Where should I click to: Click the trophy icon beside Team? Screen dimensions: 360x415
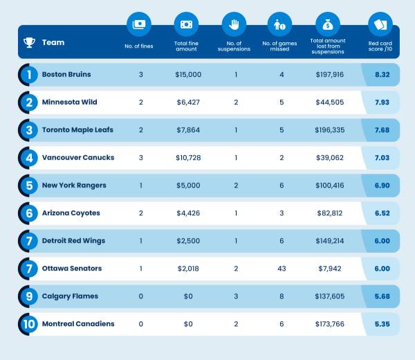pos(29,43)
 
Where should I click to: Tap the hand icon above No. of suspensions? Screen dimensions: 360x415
pos(233,24)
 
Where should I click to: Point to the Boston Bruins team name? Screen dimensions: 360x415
pos(66,74)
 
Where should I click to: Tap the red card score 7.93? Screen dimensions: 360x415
pos(380,102)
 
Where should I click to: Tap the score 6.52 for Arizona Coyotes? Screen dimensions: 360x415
pos(380,213)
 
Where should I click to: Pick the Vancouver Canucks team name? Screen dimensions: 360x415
pos(78,157)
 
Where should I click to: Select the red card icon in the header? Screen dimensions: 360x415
pos(380,24)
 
